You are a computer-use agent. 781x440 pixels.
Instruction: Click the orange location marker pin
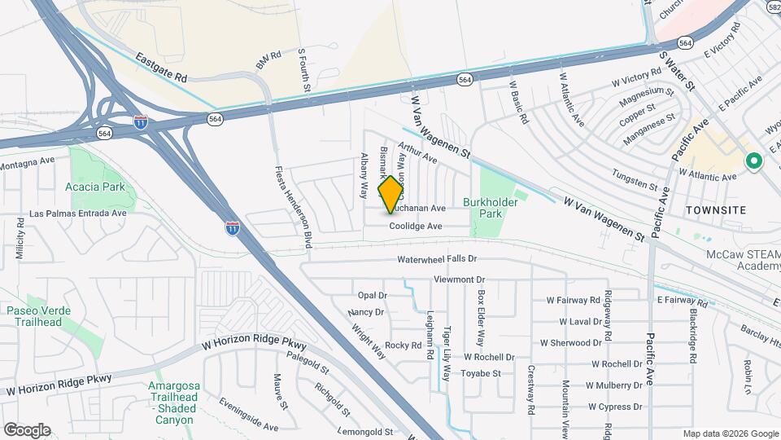coord(390,195)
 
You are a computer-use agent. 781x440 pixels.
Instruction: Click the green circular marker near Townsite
coord(753,162)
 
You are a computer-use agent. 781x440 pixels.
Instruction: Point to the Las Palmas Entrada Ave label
coord(78,213)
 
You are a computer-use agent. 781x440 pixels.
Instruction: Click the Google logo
coord(27,430)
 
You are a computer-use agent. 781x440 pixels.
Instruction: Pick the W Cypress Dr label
coord(615,406)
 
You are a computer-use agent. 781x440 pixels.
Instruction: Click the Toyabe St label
coord(481,373)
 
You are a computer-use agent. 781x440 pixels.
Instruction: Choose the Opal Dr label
coord(372,295)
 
